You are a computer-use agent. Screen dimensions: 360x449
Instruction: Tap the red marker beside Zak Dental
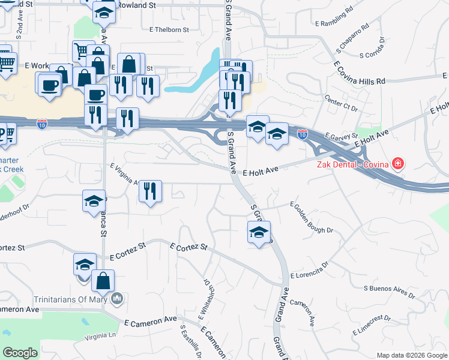pos(397,163)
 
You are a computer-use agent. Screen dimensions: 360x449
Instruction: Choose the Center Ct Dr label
pos(341,103)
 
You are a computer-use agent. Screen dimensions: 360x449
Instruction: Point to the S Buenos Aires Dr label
pos(390,292)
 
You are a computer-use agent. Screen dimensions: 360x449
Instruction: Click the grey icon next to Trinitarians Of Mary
pos(118,298)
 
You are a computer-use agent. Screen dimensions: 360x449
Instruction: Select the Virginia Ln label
pos(100,337)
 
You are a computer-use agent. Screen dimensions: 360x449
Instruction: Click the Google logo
pos(20,353)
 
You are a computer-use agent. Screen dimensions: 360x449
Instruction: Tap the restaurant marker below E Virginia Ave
pos(149,191)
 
